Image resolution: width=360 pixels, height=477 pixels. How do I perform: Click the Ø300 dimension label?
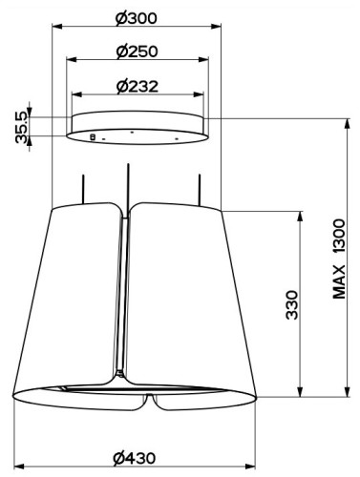pos(136,18)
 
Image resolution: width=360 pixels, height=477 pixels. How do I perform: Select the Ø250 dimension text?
pos(137,52)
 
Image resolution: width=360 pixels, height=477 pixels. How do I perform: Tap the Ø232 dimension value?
pos(138,87)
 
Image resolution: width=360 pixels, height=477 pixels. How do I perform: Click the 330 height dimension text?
pos(292,304)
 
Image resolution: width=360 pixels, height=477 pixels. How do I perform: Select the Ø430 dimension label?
pos(135,458)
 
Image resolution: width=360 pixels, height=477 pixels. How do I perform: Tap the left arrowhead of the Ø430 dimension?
pos(19,467)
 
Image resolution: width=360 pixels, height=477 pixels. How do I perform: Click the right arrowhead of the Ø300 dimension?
pos(216,27)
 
